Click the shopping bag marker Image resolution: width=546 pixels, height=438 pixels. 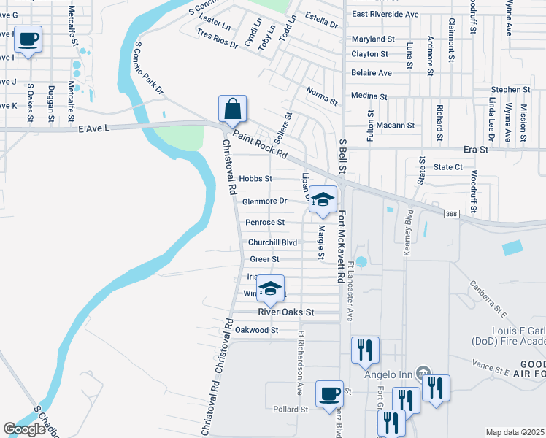232,109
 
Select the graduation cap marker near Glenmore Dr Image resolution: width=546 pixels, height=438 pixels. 323,200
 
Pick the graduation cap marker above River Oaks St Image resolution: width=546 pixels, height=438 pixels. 270,288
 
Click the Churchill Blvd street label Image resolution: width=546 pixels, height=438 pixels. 272,242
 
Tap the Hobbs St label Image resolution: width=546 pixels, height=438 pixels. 255,178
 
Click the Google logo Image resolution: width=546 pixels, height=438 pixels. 24,429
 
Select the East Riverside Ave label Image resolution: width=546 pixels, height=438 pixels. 385,14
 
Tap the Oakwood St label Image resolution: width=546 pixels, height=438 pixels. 256,330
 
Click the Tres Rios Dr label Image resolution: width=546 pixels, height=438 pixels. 218,39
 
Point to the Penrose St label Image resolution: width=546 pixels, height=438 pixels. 264,222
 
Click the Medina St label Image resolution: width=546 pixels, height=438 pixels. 369,96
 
